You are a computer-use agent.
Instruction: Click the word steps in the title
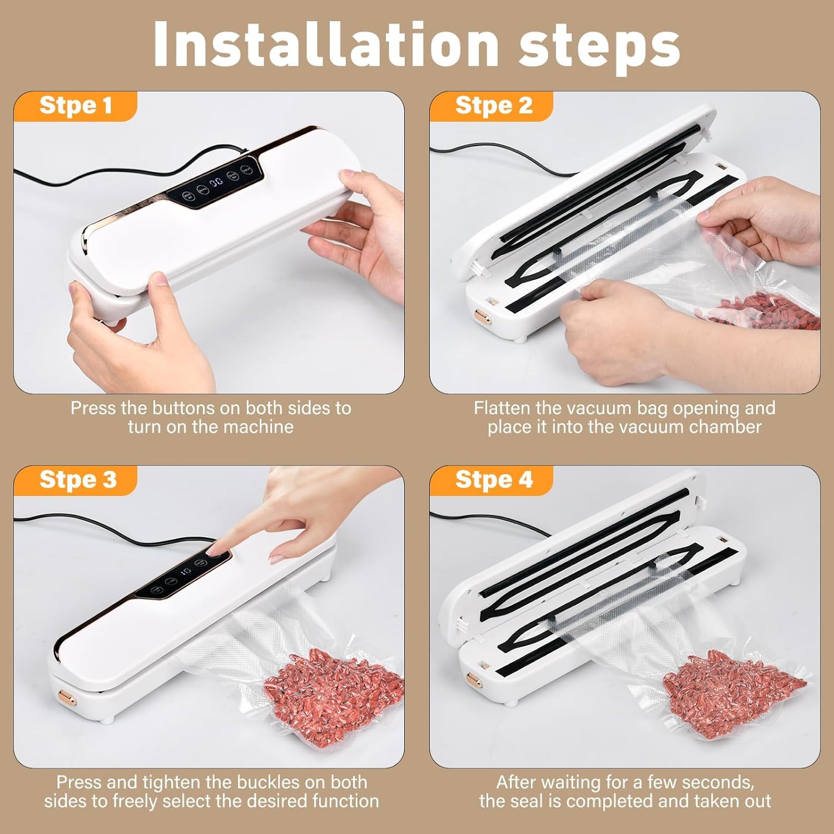599,48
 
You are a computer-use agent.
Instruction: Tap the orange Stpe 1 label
76,106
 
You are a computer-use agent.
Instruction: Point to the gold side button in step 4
474,678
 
